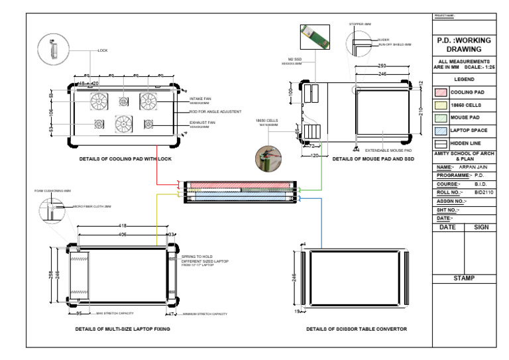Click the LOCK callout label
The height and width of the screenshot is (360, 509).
point(102,50)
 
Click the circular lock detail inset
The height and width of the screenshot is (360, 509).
point(52,48)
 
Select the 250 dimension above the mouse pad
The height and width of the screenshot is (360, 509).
point(382,66)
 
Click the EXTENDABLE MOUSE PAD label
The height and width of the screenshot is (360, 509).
point(388,150)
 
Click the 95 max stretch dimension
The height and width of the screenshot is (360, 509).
point(78,313)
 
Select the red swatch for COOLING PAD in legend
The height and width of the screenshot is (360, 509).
point(441,92)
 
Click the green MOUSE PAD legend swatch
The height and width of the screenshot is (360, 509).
point(441,117)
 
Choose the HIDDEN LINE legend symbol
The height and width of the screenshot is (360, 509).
point(441,143)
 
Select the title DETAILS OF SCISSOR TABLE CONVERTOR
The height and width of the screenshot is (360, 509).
point(356,328)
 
